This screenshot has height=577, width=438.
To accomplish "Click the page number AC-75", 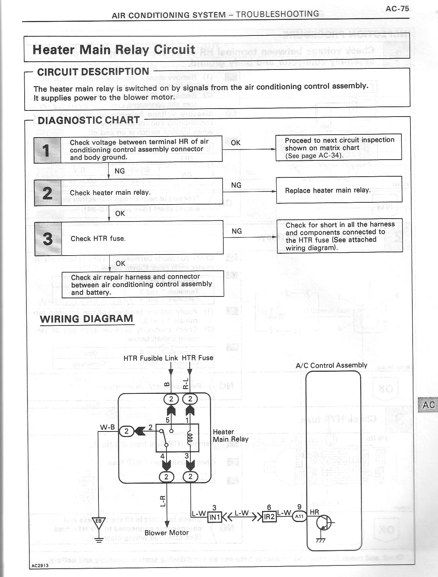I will coord(397,9).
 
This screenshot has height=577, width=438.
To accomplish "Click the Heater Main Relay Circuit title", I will coord(114,49).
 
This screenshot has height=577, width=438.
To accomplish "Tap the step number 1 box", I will coord(47,150).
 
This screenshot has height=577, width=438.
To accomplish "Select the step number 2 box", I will coord(47,193).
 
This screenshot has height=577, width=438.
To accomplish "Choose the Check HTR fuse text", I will coord(98,239).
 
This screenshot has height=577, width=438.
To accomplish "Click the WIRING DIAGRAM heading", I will coord(87,319).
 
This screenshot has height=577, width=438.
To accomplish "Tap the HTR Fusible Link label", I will coord(151,358).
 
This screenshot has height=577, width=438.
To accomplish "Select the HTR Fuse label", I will coord(197,358).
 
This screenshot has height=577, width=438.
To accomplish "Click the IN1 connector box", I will coord(214,517).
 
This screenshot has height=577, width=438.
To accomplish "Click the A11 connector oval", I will coord(299,517).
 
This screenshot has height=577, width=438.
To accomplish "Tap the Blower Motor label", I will coord(167,533).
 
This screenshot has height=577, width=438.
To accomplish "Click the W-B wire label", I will coord(107,427).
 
